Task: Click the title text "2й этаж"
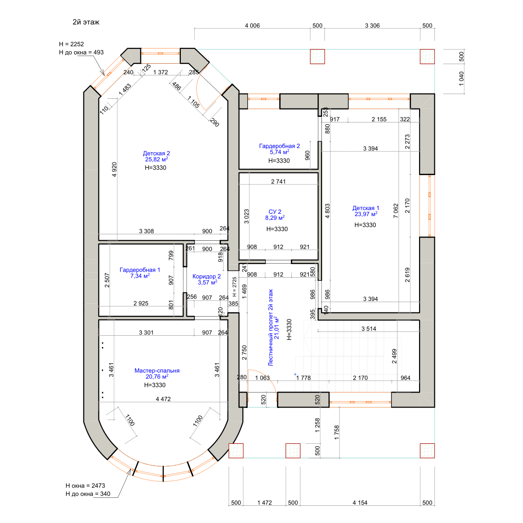tap(86, 22)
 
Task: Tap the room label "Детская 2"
tap(156, 153)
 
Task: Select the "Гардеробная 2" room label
tap(279, 146)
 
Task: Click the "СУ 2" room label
tap(275, 212)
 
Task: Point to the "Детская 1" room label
tap(366, 208)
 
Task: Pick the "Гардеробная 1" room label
tap(140, 270)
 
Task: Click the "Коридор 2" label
tap(206, 277)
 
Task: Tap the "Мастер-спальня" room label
tap(157, 371)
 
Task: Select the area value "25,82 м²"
tap(156, 159)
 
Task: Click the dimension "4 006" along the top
tap(252, 26)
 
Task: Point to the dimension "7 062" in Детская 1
tap(396, 211)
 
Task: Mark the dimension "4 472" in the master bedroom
tap(163, 399)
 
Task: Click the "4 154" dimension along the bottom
tap(360, 503)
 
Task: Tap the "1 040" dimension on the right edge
tap(461, 79)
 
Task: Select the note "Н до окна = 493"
tap(81, 52)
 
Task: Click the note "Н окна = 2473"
tap(85, 486)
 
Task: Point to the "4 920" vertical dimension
tap(114, 170)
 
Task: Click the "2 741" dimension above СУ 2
tap(278, 182)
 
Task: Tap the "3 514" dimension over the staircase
tap(369, 329)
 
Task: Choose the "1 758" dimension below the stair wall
tap(337, 432)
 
